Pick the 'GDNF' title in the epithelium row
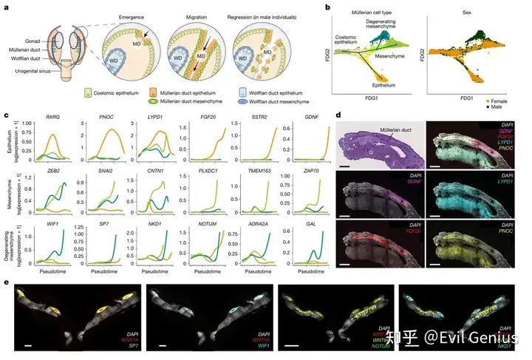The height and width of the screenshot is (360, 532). tap(301, 118)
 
